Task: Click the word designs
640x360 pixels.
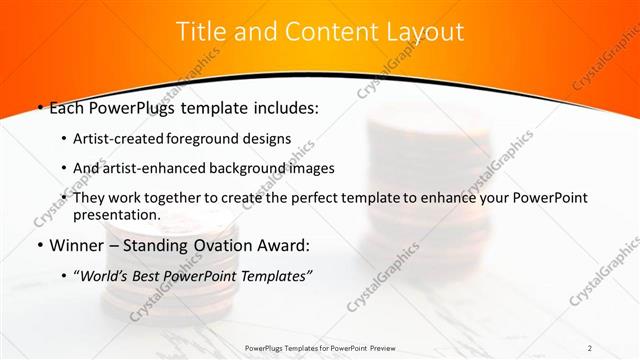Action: point(267,139)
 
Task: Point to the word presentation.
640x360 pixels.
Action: point(116,215)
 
